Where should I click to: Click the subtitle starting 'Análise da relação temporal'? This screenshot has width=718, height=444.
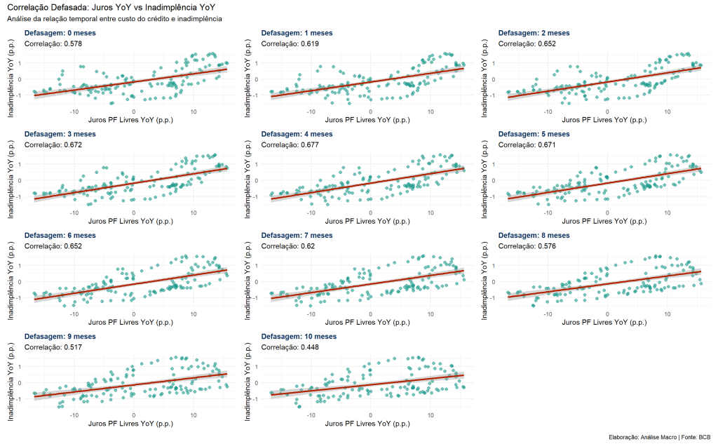(x=114, y=19)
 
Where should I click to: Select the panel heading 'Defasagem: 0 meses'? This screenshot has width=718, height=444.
(x=60, y=33)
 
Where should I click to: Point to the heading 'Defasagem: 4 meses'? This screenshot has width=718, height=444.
(x=297, y=134)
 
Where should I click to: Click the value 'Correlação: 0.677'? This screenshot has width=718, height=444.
(x=290, y=144)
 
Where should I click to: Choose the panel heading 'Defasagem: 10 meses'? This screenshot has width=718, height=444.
(x=299, y=337)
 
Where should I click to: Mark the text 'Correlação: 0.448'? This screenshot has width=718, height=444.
(x=290, y=347)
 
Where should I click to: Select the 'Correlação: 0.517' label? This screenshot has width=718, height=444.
(x=53, y=347)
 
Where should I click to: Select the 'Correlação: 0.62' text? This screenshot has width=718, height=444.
(x=287, y=246)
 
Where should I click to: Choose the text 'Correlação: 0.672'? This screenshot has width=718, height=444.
(x=53, y=144)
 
